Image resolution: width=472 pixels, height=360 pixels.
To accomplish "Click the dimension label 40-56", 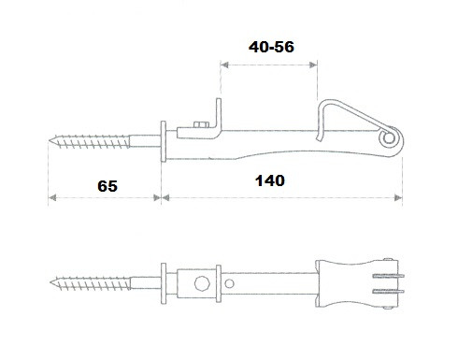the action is [x=271, y=47].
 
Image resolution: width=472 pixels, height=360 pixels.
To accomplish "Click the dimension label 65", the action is [x=107, y=186].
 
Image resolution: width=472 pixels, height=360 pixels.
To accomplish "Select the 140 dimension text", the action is [x=270, y=180].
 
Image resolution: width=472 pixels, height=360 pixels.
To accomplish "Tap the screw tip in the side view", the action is [x=50, y=140].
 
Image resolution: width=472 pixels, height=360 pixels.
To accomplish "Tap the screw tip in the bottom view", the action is [x=51, y=282].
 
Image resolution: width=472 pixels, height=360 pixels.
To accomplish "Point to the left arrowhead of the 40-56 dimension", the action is [x=224, y=65].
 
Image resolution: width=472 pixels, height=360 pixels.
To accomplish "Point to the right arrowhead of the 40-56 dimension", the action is [x=313, y=65].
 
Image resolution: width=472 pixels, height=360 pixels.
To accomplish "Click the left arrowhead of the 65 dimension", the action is [x=52, y=197].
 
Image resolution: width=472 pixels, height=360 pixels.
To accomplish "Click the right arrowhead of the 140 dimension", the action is [x=398, y=197].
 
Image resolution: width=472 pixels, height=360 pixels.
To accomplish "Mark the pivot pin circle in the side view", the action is [x=388, y=138].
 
